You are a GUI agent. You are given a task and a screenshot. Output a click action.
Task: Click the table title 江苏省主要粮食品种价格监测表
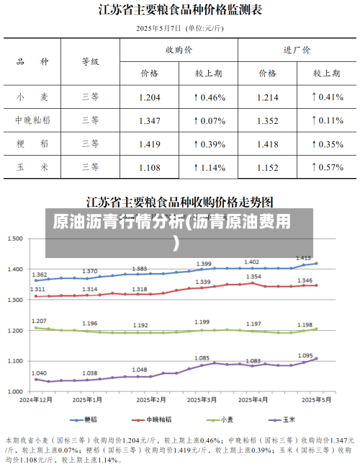point(180,10)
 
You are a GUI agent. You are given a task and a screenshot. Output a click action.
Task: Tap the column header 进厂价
point(297,50)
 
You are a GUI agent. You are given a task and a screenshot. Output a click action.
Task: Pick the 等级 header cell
point(90,62)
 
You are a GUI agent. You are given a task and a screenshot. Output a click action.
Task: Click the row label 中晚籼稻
point(32,120)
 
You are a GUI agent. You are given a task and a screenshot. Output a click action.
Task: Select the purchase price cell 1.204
point(150,97)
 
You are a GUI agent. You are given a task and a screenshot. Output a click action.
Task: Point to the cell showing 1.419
point(150,144)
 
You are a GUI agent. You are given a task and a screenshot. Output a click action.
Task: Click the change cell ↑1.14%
point(210,167)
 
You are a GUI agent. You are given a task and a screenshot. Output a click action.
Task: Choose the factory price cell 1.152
point(268,167)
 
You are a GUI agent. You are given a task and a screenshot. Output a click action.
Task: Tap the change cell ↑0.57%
point(327,167)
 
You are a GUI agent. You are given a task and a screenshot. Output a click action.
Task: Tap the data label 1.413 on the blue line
point(303,257)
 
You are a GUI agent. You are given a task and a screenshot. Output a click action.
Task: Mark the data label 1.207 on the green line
point(40,321)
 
